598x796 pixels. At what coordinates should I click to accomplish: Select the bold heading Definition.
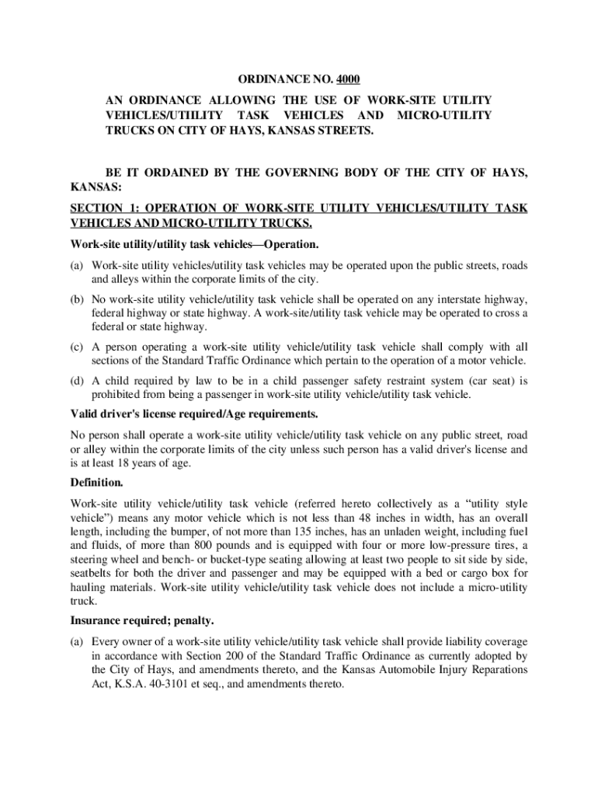pos(97,483)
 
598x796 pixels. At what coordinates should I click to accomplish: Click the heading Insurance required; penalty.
pos(142,621)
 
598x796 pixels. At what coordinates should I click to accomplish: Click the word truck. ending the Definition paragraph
pos(84,601)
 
